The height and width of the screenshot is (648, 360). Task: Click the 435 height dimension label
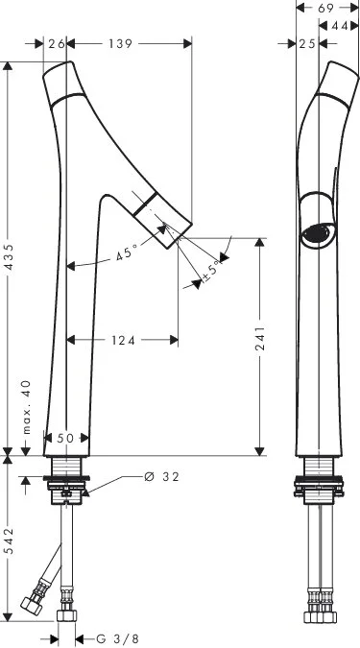10,257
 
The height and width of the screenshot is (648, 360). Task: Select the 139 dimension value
121,43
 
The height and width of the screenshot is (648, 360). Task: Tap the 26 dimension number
57,43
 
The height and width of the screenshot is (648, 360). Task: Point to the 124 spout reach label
123,340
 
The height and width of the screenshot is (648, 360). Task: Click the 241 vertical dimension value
260,338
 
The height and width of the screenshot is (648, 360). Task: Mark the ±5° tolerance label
211,271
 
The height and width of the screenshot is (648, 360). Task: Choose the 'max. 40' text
26,407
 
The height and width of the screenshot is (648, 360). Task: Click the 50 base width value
65,438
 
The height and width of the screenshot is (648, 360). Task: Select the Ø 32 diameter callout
161,477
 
